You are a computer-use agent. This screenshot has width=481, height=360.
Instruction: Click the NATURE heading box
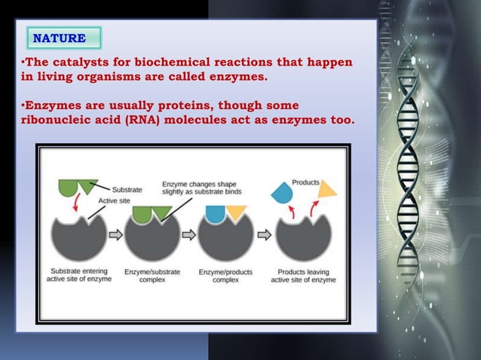coord(63,38)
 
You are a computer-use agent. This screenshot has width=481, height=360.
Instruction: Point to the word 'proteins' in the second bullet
coord(195,105)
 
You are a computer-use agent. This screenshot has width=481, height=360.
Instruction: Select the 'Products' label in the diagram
coord(305,182)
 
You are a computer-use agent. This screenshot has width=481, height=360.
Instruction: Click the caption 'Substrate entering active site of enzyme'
coord(80,275)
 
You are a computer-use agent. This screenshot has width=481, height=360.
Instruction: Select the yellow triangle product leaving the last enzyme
coord(326,190)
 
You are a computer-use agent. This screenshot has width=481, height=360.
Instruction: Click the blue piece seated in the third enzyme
coord(216,213)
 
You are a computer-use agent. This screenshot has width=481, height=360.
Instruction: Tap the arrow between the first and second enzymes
coord(115,234)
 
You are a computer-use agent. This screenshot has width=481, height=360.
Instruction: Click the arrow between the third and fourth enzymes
coord(263,234)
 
